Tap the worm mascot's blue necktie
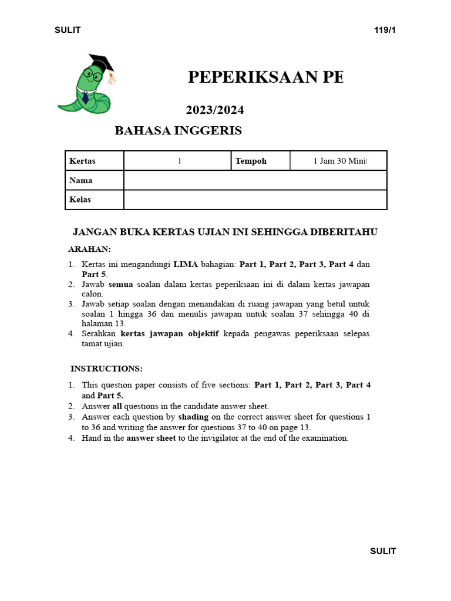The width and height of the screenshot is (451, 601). pos(86,97)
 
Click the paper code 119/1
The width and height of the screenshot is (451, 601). pos(385,31)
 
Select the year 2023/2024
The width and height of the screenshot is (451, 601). pos(215,110)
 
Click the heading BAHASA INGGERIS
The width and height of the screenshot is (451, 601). pos(178,131)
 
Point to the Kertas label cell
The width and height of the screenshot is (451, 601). pos(94,161)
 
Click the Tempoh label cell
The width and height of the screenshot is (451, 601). pos(260,161)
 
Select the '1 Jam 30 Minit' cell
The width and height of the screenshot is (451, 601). pos(339,161)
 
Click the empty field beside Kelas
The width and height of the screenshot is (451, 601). pos(255,200)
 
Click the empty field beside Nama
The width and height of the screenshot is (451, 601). pos(255,180)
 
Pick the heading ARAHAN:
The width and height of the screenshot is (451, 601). pos(89,249)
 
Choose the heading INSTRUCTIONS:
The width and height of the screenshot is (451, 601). pos(106,369)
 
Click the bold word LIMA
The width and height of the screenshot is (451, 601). pos(185,264)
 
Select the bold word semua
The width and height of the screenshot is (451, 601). pos(121,284)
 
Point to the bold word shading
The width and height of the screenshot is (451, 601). pos(193,417)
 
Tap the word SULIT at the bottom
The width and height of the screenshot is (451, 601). pos(383,551)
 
